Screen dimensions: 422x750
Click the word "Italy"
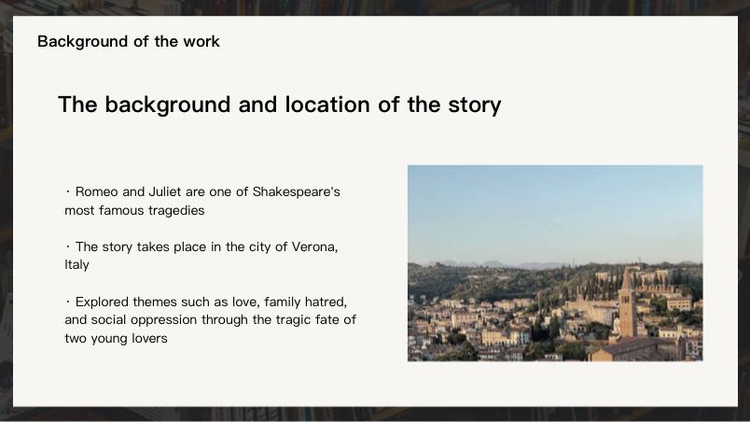(76, 265)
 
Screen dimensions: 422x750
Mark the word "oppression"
(167, 320)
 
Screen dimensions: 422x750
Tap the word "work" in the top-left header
(201, 41)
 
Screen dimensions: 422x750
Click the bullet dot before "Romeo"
(68, 191)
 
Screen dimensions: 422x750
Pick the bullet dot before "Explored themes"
(68, 302)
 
